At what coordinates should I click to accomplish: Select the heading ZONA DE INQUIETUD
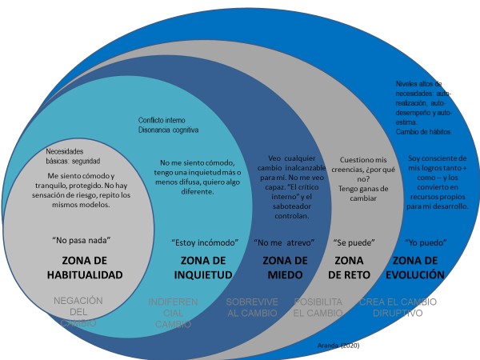[x=202, y=268]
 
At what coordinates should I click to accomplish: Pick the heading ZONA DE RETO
[x=348, y=267]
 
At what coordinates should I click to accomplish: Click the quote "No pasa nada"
[x=81, y=240]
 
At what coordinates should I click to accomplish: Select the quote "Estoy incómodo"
[x=202, y=242]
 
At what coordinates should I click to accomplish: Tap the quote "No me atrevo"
[x=283, y=242]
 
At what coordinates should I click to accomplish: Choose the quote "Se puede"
[x=354, y=242]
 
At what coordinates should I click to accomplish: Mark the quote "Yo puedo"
[x=426, y=242]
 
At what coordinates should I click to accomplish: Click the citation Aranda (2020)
[x=338, y=346]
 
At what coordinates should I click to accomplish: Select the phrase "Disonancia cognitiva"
[x=168, y=130]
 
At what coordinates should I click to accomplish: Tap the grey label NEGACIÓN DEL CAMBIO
[x=78, y=312]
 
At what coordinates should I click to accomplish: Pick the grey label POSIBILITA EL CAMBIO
[x=318, y=307]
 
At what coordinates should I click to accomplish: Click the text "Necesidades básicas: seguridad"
[x=73, y=156]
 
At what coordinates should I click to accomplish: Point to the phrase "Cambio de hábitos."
[x=424, y=132]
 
